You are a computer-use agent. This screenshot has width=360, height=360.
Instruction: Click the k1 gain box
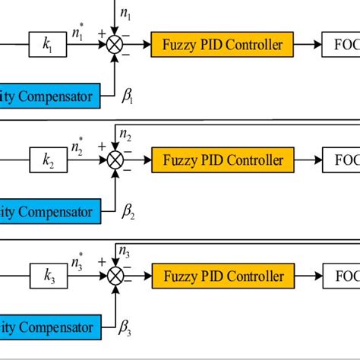48,45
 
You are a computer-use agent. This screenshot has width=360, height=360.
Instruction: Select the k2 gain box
48,160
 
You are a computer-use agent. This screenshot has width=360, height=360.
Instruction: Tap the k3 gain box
48,276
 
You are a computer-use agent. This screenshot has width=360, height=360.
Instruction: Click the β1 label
129,96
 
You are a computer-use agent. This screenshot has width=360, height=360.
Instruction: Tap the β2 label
129,213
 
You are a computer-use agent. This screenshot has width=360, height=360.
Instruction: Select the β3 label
129,329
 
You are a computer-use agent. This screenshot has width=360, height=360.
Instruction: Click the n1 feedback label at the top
128,14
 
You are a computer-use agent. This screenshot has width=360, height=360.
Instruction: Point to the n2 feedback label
127,137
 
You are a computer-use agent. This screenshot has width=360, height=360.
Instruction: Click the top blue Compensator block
49,96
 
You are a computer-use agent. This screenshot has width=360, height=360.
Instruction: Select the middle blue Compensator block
49,212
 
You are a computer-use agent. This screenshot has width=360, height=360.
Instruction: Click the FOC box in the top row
341,45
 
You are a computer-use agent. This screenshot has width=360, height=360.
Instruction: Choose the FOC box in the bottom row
341,276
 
